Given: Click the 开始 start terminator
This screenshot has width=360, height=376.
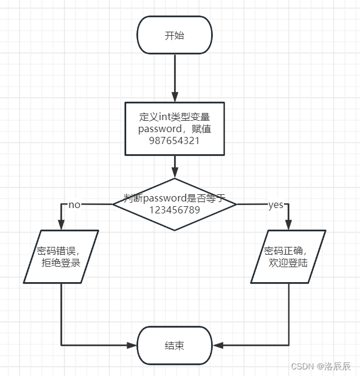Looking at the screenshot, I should tap(175, 35).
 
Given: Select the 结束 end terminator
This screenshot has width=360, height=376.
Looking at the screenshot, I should tap(175, 346).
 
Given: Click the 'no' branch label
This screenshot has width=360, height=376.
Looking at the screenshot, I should tap(75, 205).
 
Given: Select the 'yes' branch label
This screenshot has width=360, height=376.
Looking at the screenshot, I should tap(276, 205).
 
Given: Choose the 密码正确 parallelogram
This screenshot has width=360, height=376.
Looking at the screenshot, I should tap(288, 256).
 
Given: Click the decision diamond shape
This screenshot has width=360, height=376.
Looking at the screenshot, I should tap(175, 204).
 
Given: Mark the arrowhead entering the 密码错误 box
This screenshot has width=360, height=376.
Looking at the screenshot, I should tap(62, 225).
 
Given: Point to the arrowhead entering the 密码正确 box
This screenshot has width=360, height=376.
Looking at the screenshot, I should tap(289, 225).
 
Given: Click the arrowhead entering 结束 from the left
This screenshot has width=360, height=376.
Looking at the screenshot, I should tap(133, 346).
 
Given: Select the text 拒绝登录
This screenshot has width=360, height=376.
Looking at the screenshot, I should tap(60, 262).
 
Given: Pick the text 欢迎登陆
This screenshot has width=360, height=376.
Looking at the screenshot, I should tap(288, 262).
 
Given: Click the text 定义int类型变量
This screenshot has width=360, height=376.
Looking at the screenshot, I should tap(175, 117).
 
